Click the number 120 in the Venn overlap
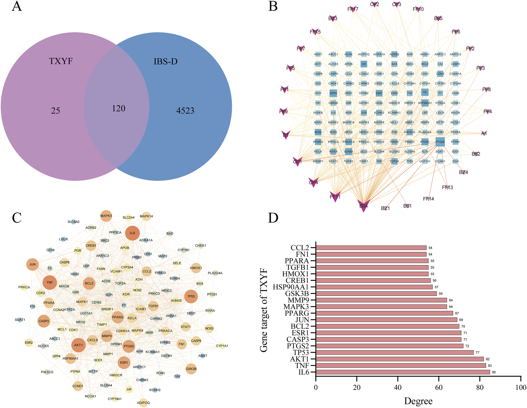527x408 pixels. (118, 108)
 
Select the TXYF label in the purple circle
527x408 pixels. (61, 61)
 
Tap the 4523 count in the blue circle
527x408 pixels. (185, 111)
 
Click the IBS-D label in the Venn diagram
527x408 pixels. (165, 62)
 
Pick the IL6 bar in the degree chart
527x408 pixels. (403, 372)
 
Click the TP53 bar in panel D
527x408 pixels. (394, 352)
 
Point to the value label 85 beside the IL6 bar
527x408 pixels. (494, 372)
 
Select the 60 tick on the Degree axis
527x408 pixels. (439, 387)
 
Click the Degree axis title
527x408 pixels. (418, 401)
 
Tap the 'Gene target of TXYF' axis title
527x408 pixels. (264, 311)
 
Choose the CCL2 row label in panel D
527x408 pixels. (300, 248)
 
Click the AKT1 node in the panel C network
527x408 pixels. (79, 345)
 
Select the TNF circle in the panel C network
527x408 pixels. (50, 283)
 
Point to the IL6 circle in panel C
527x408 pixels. (132, 233)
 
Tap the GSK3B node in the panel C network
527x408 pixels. (191, 369)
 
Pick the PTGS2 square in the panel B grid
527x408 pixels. (440, 142)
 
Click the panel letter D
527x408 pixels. (273, 218)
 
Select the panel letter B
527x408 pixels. (273, 7)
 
